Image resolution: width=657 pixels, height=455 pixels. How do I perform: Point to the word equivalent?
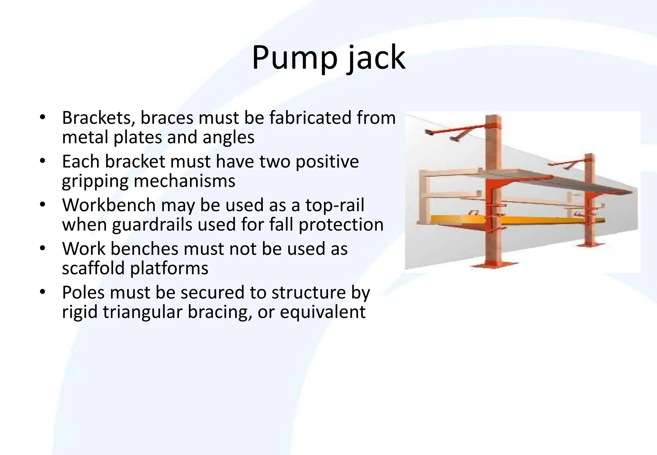click(322, 312)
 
